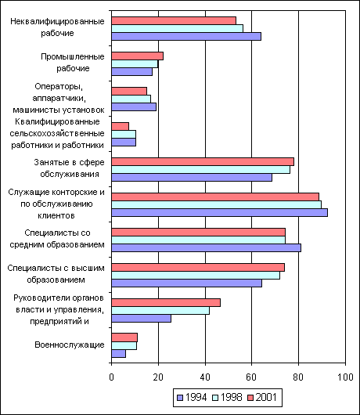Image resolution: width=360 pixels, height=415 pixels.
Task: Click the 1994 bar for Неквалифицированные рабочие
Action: click(x=186, y=36)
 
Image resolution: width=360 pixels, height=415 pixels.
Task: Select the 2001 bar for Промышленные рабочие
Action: click(x=137, y=56)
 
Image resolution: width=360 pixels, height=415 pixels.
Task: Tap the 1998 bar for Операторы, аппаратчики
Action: click(x=131, y=99)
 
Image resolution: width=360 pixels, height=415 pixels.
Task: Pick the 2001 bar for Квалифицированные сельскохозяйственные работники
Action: click(x=120, y=127)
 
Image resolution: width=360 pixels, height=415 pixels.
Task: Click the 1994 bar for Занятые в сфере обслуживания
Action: click(x=192, y=177)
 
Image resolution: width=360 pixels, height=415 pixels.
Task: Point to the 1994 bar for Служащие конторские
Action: click(x=220, y=212)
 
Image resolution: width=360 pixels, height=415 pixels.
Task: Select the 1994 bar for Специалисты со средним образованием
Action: click(x=206, y=247)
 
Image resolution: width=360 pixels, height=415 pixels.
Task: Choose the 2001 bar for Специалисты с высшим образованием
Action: click(x=198, y=267)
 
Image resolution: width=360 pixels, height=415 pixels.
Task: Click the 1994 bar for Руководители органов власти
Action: click(x=141, y=319)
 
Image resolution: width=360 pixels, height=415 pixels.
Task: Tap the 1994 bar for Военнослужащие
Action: click(x=118, y=354)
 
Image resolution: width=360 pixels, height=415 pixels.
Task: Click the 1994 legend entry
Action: click(x=192, y=397)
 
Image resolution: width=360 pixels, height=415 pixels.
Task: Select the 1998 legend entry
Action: click(x=227, y=397)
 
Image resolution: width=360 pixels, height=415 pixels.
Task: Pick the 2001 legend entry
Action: click(x=262, y=397)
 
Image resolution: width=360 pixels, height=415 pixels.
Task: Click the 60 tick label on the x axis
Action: click(x=251, y=377)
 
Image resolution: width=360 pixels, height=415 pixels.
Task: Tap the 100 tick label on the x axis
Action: click(x=345, y=377)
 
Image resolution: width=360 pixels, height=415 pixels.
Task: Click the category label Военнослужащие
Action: click(x=70, y=345)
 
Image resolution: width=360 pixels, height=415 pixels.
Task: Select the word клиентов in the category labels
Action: click(x=56, y=215)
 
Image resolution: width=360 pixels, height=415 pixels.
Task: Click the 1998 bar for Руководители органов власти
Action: click(x=160, y=310)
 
